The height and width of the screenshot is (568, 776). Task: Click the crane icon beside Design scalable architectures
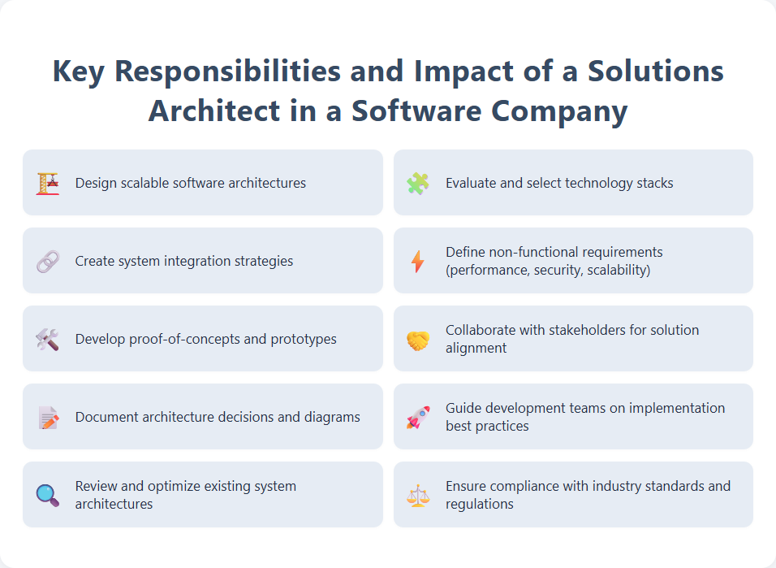coord(48,183)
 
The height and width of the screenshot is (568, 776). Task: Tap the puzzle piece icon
coord(418,183)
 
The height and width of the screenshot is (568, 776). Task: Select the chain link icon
coord(48,262)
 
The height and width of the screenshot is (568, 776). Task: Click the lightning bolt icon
coord(418,262)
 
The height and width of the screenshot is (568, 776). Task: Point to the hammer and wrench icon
coord(48,340)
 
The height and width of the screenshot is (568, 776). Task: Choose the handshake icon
coord(418,340)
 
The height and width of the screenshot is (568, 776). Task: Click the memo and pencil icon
coord(48,418)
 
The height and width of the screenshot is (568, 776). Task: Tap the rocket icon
coord(418,418)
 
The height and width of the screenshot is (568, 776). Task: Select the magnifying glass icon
coord(48,496)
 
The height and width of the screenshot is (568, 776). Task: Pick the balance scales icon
coord(418,496)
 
